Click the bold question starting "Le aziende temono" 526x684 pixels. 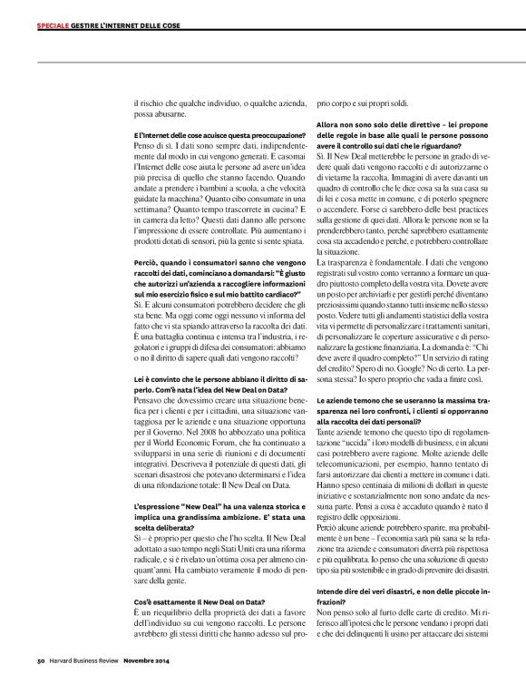point(404,432)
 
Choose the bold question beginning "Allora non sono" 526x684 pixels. point(404,132)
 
